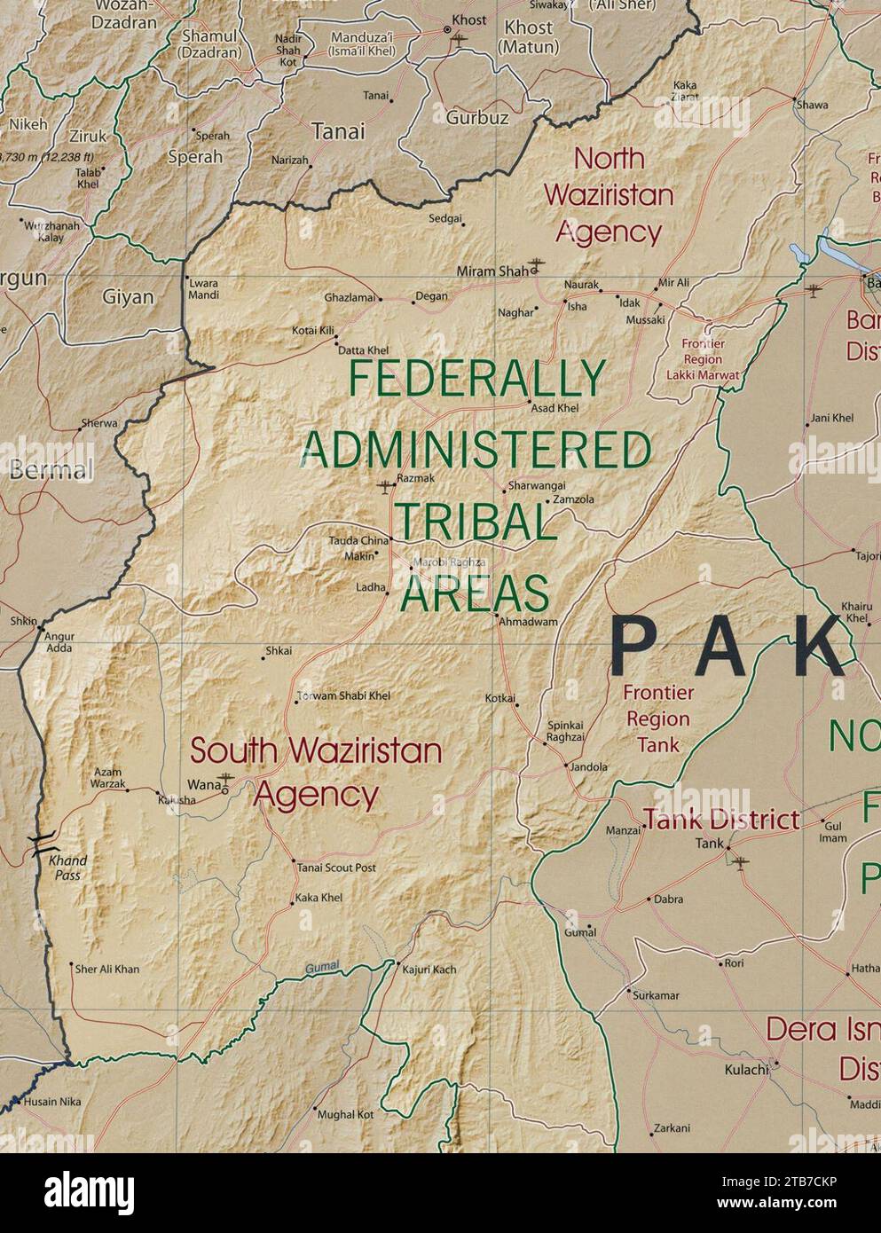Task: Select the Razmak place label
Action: (415, 478)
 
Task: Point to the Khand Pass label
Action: (67, 868)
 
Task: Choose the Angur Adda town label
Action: (60, 642)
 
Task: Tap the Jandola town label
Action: (590, 767)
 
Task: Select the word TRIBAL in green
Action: (475, 522)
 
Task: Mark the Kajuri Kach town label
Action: (429, 970)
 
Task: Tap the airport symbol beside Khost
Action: (459, 39)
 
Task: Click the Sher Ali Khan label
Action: (107, 970)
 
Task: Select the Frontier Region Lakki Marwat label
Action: (704, 359)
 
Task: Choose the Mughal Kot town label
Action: (345, 1114)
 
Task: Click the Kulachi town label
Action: (746, 1070)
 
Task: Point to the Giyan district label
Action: (128, 296)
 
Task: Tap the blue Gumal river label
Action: (322, 969)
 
